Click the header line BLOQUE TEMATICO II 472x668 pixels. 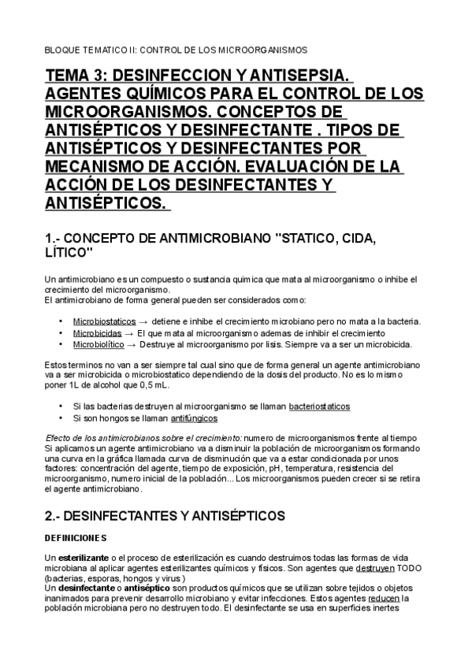[175, 49]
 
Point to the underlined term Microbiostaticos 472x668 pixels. [104, 321]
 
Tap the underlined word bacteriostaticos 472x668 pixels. [319, 406]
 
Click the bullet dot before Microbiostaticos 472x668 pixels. [61, 321]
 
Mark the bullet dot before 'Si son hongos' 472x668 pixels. [61, 418]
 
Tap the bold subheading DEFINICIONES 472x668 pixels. [75, 538]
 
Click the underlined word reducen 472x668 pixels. [384, 597]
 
